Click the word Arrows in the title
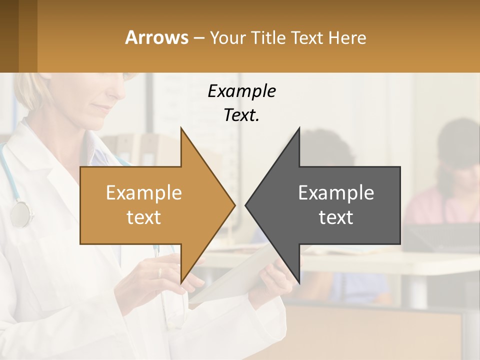point(156,37)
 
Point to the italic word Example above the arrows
point(241,91)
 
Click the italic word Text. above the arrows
point(241,115)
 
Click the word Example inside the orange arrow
point(143,192)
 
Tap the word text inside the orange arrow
point(143,217)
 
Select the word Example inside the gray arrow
point(336,192)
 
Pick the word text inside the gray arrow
point(336,217)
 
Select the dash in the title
point(198,38)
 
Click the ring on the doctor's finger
point(160,273)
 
